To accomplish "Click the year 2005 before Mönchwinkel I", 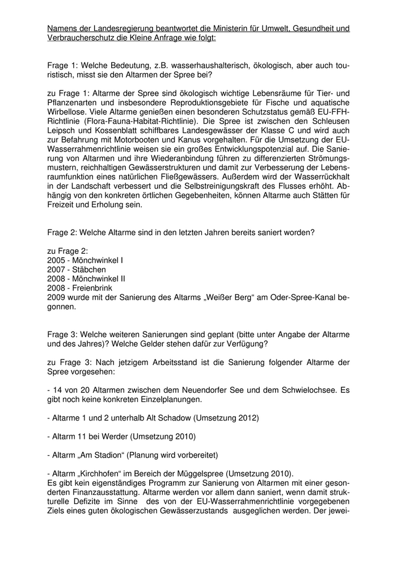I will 57,260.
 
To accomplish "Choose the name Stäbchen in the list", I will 88,269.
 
